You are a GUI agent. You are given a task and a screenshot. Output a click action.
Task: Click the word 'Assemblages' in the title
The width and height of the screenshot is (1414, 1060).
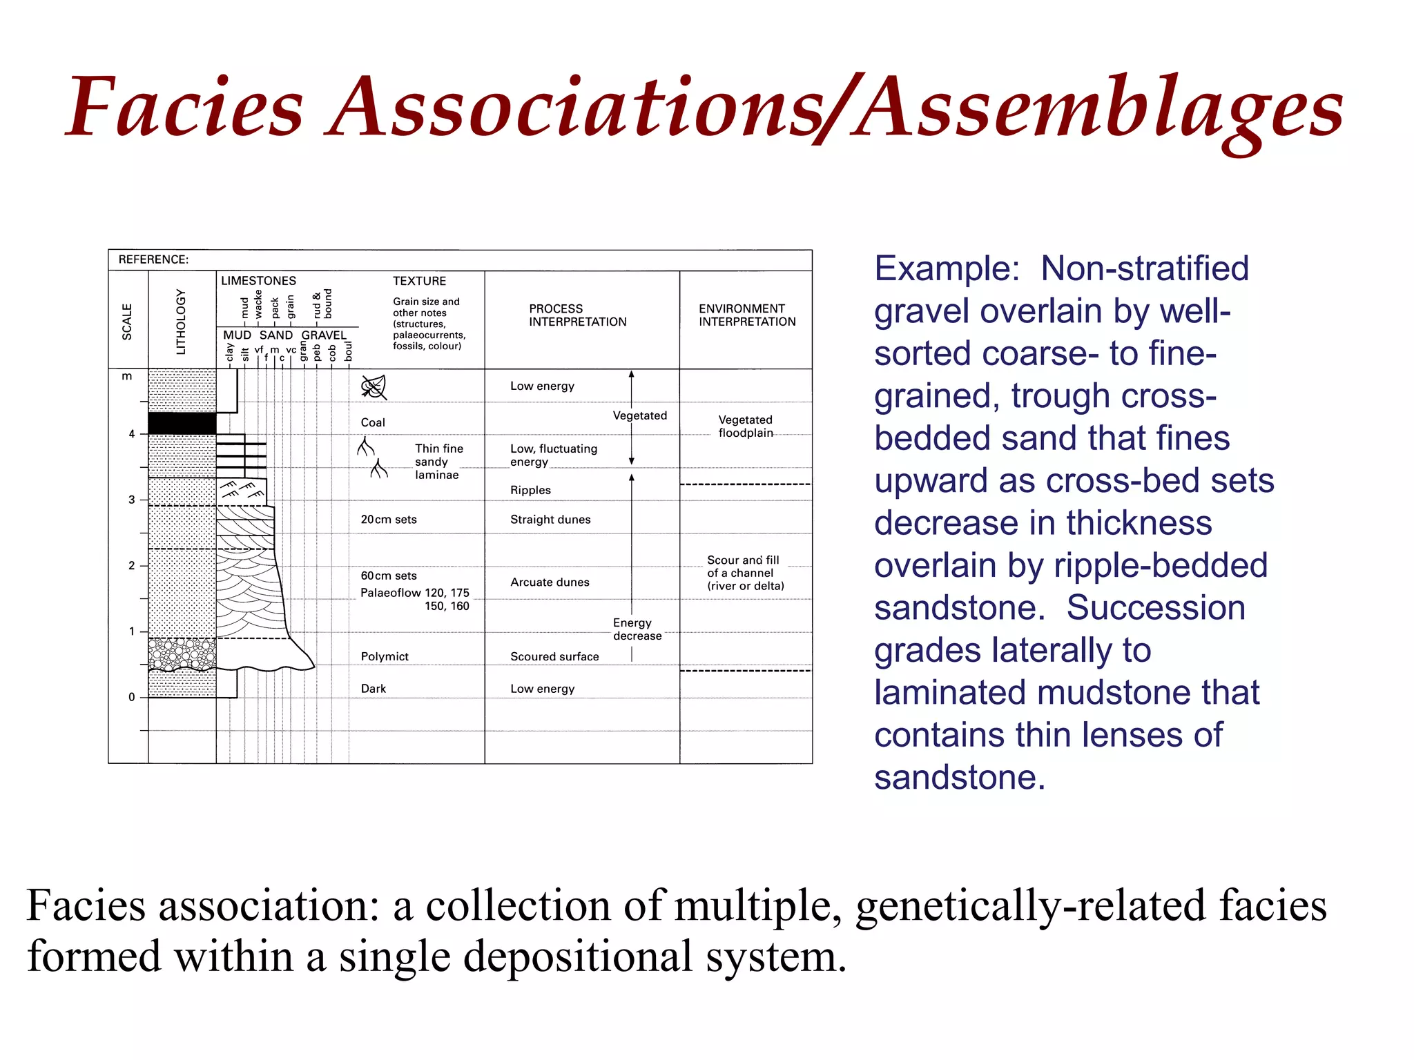click(1098, 110)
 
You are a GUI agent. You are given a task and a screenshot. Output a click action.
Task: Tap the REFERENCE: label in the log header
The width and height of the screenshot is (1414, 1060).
click(153, 259)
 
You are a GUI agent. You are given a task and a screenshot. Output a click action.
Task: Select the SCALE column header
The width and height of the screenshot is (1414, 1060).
click(127, 322)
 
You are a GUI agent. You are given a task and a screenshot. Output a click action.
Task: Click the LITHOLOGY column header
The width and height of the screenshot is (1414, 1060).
click(181, 322)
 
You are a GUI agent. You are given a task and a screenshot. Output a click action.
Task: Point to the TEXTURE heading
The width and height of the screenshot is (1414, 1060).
click(419, 281)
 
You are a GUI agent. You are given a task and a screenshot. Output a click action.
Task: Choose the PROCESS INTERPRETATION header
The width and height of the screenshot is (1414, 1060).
click(577, 315)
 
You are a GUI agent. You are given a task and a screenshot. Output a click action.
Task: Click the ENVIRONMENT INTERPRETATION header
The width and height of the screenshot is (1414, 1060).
click(746, 315)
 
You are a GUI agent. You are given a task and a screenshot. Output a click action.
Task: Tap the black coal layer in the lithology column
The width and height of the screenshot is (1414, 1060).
click(182, 423)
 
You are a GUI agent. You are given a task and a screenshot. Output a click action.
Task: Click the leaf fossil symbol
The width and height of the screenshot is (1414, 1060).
click(374, 388)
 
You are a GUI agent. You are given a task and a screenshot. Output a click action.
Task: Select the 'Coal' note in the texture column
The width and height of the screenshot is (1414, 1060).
click(373, 422)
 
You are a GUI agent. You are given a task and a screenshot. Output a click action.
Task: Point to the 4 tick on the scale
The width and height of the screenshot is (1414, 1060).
click(132, 434)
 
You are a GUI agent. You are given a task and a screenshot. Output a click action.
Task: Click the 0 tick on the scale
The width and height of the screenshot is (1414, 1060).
click(132, 697)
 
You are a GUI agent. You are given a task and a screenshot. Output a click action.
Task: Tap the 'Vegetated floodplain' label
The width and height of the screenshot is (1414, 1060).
click(745, 426)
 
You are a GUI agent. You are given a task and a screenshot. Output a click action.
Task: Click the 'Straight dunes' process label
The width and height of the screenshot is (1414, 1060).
click(550, 520)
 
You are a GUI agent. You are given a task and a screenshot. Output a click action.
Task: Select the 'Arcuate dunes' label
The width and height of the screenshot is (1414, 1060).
click(550, 582)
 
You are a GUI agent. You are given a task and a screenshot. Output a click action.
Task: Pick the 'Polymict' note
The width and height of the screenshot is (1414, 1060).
click(385, 656)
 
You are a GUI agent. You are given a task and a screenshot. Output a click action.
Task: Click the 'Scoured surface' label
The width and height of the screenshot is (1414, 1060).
click(554, 656)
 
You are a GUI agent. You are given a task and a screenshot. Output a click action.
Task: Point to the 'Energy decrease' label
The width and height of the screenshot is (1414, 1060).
click(637, 629)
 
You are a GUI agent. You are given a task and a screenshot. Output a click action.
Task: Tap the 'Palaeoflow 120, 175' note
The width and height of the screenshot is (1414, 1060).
click(414, 593)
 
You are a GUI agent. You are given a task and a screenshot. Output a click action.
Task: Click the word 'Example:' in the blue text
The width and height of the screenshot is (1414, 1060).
click(947, 268)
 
